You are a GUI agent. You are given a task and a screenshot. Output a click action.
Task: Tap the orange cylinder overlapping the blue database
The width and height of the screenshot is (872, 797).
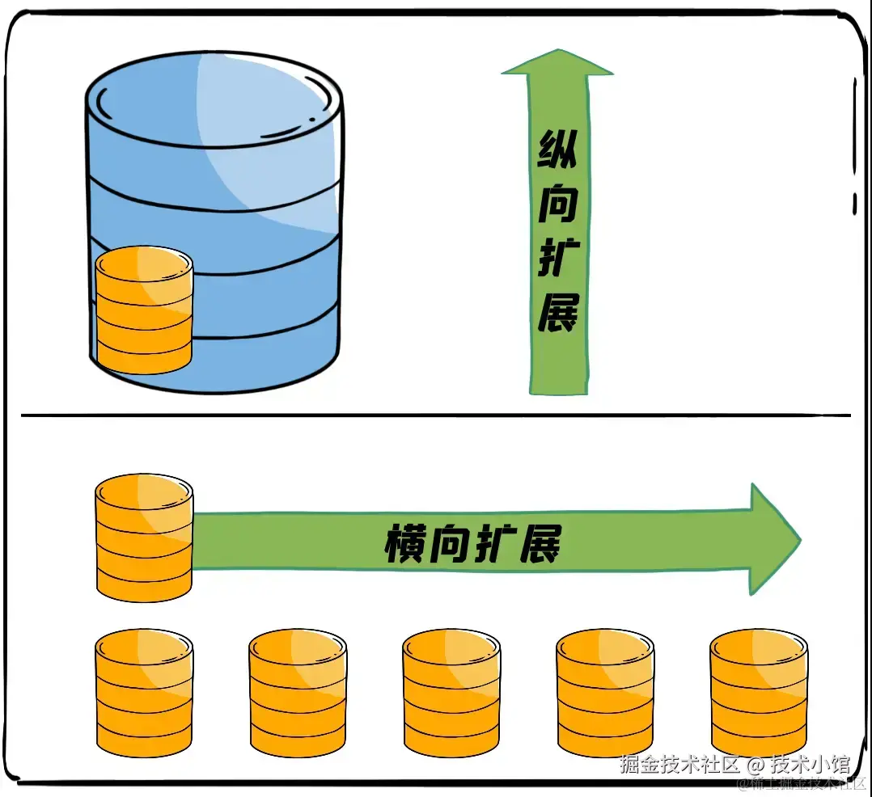pyautogui.click(x=144, y=311)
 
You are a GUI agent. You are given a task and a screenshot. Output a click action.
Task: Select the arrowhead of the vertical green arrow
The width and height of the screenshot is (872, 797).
pyautogui.click(x=557, y=63)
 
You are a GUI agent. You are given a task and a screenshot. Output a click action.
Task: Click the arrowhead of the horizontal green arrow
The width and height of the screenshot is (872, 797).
pyautogui.click(x=773, y=538)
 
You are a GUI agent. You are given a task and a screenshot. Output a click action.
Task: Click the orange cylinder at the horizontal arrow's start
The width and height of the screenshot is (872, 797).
pyautogui.click(x=144, y=538)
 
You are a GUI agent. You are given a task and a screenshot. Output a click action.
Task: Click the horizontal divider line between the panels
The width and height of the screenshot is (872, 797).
pyautogui.click(x=437, y=415)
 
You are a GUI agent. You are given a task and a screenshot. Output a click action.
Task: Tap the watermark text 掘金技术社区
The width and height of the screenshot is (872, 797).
pyautogui.click(x=680, y=764)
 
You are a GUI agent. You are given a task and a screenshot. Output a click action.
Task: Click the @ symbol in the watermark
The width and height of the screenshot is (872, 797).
pyautogui.click(x=755, y=764)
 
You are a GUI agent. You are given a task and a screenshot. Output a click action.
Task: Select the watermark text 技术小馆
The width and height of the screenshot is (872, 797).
pyautogui.click(x=809, y=764)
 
